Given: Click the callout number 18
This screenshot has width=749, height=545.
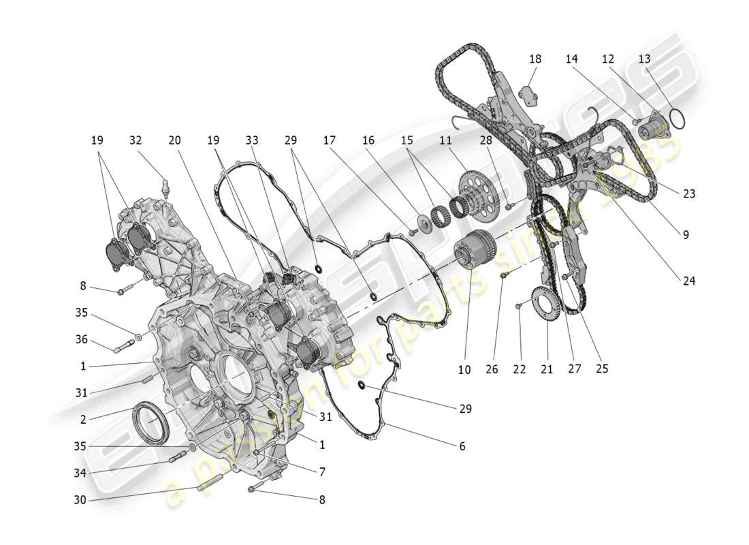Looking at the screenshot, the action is click(535, 59).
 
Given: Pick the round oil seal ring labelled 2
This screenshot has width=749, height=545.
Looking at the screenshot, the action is click(152, 424).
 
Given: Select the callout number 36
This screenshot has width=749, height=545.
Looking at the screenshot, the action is click(82, 340).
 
